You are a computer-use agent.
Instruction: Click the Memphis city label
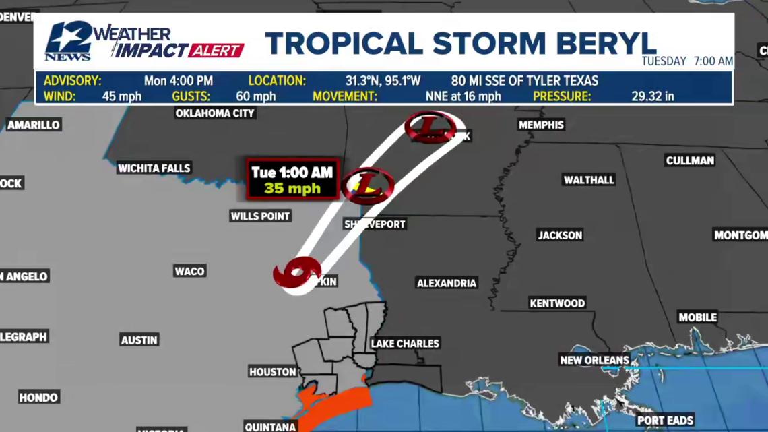pyautogui.click(x=541, y=125)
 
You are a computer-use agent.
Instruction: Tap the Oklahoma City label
pyautogui.click(x=215, y=113)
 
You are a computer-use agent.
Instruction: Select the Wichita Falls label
pyautogui.click(x=154, y=168)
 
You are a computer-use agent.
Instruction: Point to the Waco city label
pyautogui.click(x=189, y=271)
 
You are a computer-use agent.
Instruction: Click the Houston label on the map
pyautogui.click(x=273, y=371)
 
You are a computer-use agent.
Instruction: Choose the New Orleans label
pyautogui.click(x=594, y=360)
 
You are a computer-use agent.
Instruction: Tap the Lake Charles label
pyautogui.click(x=405, y=344)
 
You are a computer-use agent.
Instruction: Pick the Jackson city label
pyautogui.click(x=560, y=235)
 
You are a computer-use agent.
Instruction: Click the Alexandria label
pyautogui.click(x=447, y=283)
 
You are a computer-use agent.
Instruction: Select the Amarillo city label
pyautogui.click(x=34, y=125)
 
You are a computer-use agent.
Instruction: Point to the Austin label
pyautogui.click(x=139, y=340)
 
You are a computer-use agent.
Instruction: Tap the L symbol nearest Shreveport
pyautogui.click(x=367, y=184)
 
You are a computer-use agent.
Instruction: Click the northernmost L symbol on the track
pyautogui.click(x=430, y=127)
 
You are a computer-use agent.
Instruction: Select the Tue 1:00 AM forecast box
pyautogui.click(x=292, y=180)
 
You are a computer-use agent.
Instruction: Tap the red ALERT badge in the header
pyautogui.click(x=216, y=51)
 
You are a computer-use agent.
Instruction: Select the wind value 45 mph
pyautogui.click(x=122, y=96)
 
